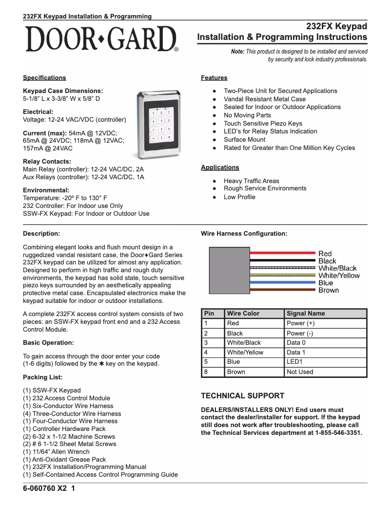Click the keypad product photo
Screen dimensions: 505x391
tap(160, 125)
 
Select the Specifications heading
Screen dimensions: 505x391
tap(44, 78)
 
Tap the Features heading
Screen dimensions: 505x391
tap(214, 78)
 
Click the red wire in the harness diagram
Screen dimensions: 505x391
tap(283, 253)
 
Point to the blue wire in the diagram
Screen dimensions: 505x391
tap(283, 282)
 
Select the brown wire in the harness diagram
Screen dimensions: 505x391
tap(283, 290)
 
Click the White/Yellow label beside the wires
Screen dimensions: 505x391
tap(339, 276)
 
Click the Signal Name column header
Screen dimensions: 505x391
tap(306, 314)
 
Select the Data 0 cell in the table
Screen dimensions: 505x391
tap(296, 343)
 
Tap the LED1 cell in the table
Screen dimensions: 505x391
tap(295, 362)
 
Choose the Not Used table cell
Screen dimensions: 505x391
tap(300, 372)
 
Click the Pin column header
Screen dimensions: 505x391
tap(209, 314)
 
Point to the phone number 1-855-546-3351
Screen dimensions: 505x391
tap(338, 432)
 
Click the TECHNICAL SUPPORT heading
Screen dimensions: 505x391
tap(242, 396)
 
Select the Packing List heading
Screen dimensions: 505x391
tap(42, 377)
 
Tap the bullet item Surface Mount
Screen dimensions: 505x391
tap(244, 140)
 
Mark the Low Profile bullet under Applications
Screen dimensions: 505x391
tap(239, 197)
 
